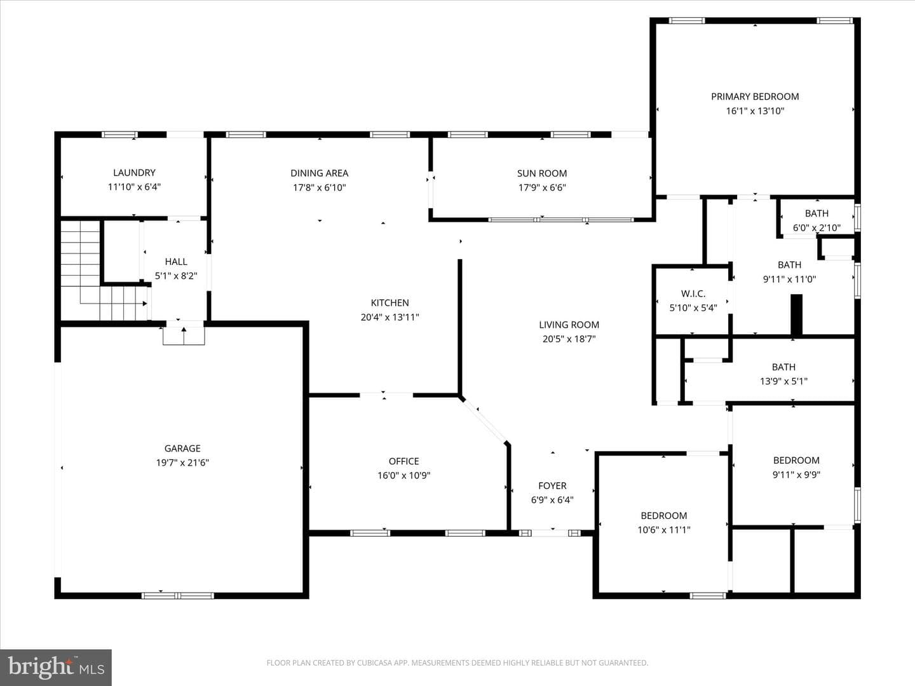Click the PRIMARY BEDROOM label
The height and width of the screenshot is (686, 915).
755,97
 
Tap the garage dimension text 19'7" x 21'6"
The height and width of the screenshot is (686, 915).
182,463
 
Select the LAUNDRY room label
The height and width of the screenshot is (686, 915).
134,172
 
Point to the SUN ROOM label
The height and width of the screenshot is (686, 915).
542,173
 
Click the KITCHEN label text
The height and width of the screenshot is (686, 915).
390,303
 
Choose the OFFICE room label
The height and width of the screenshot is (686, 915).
404,461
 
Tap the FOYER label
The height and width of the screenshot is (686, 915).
552,486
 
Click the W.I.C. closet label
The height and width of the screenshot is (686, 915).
693,293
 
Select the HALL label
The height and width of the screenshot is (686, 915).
176,262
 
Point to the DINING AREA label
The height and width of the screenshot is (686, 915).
320,173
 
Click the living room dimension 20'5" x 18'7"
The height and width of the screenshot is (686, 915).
569,339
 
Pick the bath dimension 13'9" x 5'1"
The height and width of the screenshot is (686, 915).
783,381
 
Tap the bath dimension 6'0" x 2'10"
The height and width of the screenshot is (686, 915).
817,228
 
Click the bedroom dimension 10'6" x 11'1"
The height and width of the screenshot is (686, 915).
664,530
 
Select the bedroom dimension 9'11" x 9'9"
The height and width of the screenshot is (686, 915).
797,474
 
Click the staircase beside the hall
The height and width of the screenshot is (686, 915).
102,271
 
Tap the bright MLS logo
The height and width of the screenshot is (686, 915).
56,667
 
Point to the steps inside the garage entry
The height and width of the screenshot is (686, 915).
184,336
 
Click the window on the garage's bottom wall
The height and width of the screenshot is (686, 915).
177,596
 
